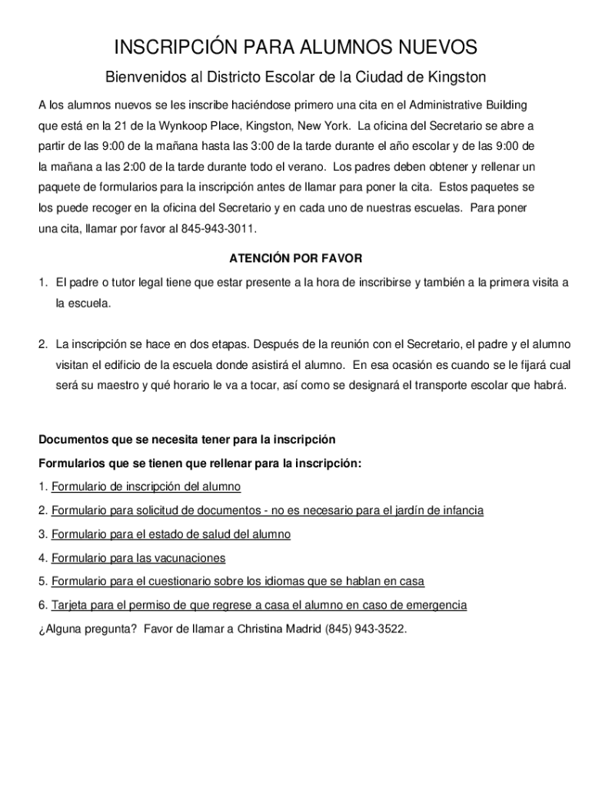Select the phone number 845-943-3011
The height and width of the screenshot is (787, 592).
click(x=219, y=229)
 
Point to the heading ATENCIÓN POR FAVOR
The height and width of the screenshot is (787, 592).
click(x=295, y=258)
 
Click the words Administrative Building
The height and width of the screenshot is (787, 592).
click(x=469, y=105)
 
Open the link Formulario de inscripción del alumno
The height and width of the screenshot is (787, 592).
click(x=146, y=486)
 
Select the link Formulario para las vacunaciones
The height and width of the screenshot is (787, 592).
click(x=138, y=558)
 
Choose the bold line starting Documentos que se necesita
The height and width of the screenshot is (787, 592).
click(x=187, y=440)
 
